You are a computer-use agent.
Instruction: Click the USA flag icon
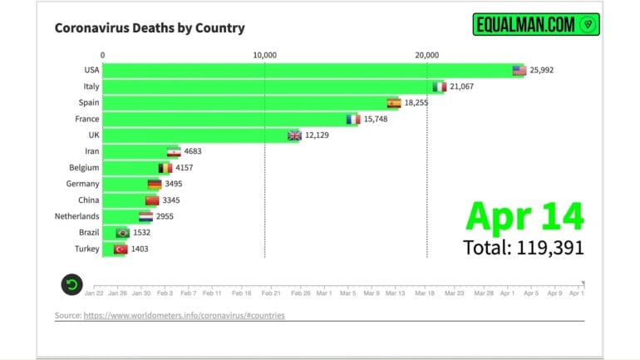pos(519,71)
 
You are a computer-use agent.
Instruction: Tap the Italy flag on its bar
pos(441,86)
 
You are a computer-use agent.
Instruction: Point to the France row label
pos(88,119)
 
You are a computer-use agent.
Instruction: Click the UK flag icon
pos(294,136)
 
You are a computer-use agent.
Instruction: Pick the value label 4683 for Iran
pos(193,151)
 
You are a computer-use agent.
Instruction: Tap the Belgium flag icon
pos(165,168)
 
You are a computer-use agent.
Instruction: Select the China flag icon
pos(151,200)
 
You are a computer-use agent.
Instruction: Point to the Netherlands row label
pos(77,216)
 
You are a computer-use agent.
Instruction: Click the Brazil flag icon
pos(123,233)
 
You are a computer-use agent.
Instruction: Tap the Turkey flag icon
pos(120,249)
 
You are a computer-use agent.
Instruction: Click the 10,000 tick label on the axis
pos(264,55)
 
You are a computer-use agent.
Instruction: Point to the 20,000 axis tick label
pos(426,55)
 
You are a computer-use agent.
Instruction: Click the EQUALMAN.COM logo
pos(536,25)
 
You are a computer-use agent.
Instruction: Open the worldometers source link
pos(190,316)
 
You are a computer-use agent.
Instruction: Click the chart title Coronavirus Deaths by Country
pos(150,28)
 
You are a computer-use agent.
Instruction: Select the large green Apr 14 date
pos(524,215)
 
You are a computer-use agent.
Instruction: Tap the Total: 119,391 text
pos(524,247)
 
